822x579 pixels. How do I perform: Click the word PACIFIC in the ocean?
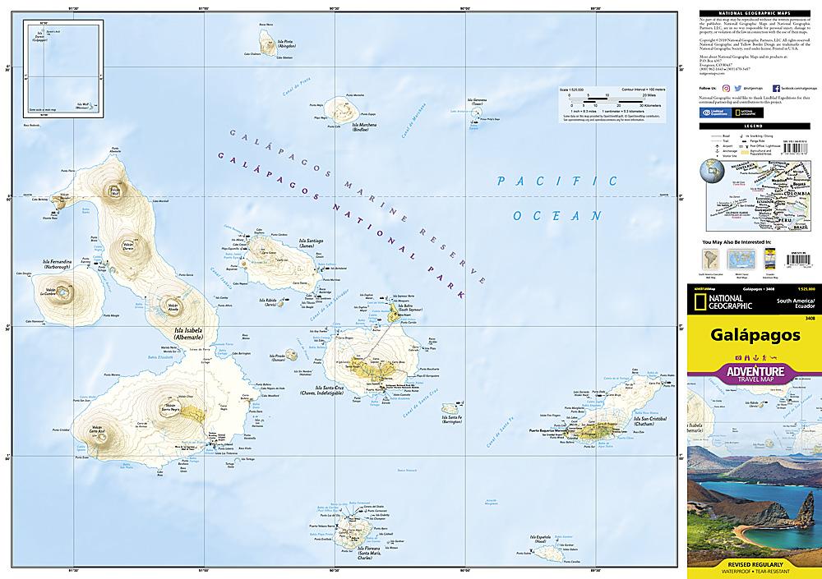click(x=556, y=182)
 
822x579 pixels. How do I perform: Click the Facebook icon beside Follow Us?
click(x=774, y=86)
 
